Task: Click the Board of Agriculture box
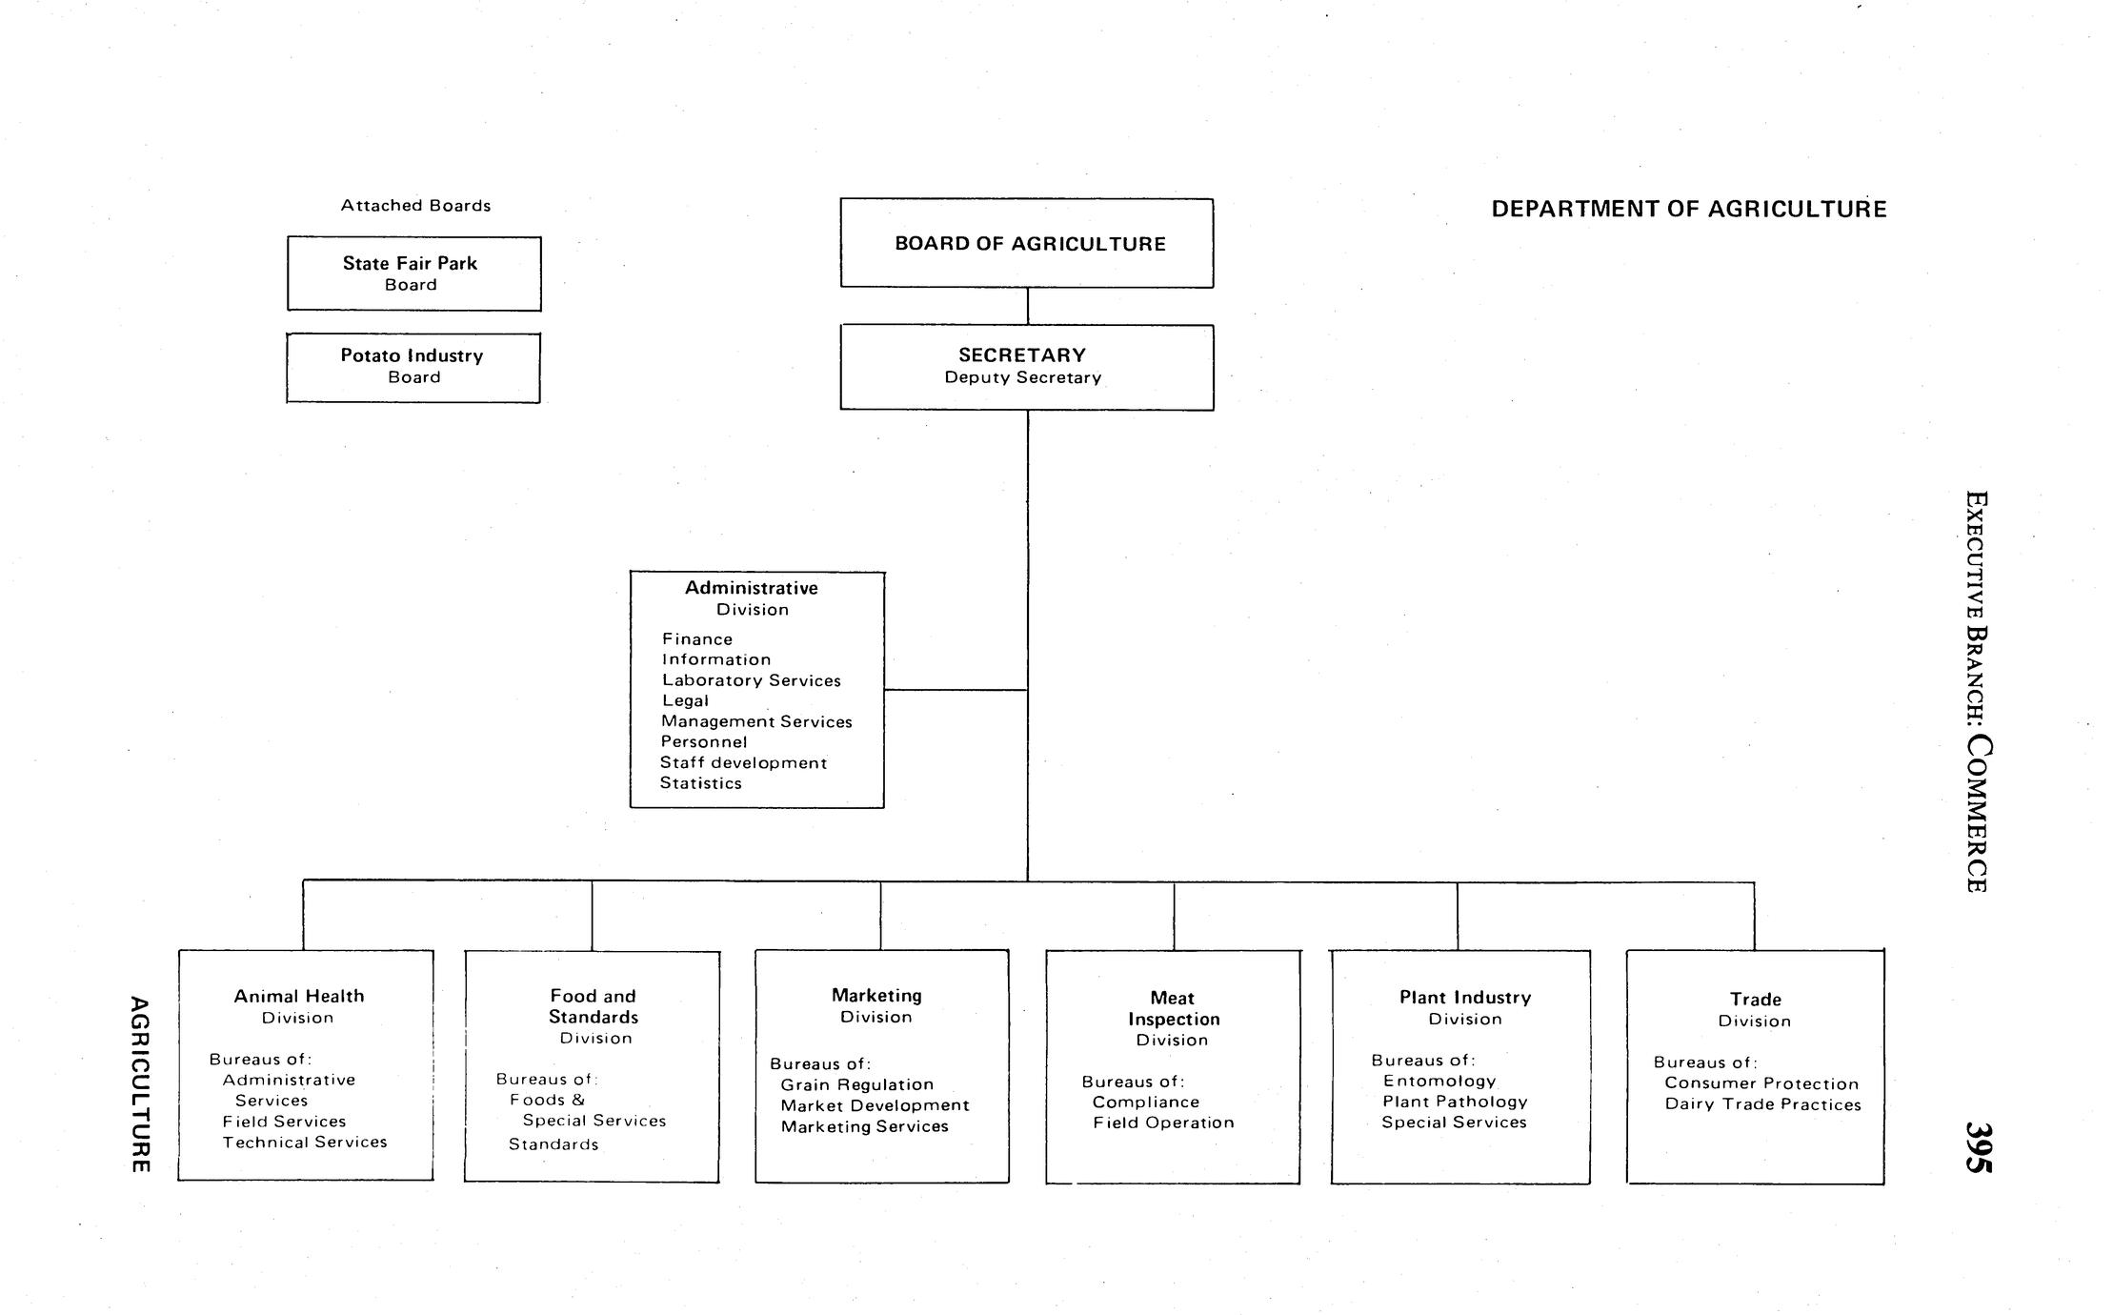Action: click(x=1026, y=243)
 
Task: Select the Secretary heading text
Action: click(x=1021, y=355)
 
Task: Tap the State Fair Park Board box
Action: click(x=413, y=273)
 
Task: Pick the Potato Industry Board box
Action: click(x=413, y=368)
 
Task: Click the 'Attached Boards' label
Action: click(x=415, y=206)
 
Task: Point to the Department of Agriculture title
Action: click(x=1688, y=210)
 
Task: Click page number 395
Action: click(x=1978, y=1147)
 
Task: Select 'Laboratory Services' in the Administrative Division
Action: click(x=751, y=680)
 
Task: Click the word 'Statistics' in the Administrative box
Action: click(x=700, y=783)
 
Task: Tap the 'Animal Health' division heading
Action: click(x=299, y=997)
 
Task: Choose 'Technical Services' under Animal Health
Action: click(x=305, y=1143)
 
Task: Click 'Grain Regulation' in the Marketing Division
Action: click(x=856, y=1085)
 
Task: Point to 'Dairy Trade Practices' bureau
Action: click(x=1762, y=1105)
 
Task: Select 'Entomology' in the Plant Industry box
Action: click(x=1439, y=1082)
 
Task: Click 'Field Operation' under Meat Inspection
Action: click(x=1162, y=1123)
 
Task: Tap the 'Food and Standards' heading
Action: click(x=593, y=1006)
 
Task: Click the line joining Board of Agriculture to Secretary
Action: click(x=1027, y=306)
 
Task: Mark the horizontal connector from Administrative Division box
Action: click(x=955, y=690)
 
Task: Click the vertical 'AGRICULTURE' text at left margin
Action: click(x=140, y=1084)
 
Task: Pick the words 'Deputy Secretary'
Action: click(x=1022, y=378)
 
